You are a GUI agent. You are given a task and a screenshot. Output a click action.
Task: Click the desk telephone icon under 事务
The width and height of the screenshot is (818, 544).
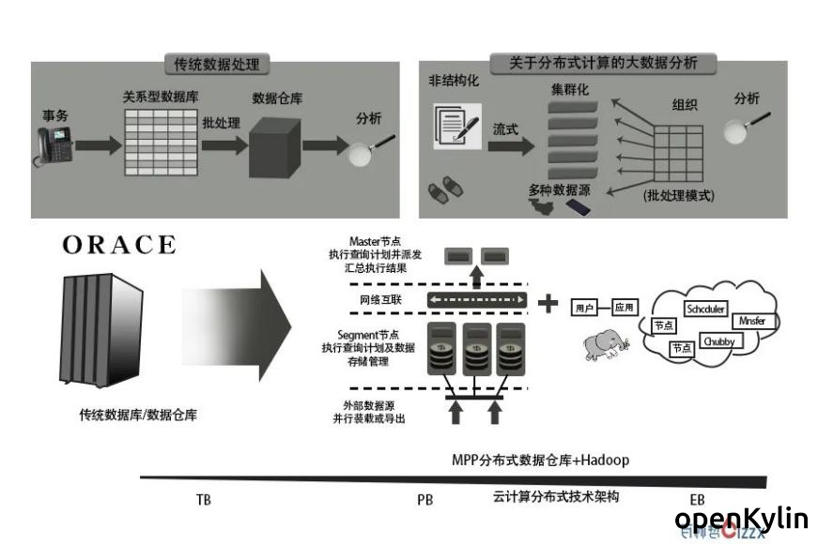(x=53, y=144)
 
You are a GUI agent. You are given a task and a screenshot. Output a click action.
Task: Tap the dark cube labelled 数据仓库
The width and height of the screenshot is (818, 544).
(x=275, y=148)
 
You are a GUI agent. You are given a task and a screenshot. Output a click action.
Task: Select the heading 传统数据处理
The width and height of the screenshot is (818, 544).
(x=217, y=65)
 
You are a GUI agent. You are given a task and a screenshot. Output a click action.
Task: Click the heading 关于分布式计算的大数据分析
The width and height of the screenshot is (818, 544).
(x=603, y=64)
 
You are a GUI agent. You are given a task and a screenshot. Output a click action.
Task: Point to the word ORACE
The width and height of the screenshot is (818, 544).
(x=119, y=246)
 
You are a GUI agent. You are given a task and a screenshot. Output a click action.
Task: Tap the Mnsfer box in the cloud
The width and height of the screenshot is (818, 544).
(x=753, y=321)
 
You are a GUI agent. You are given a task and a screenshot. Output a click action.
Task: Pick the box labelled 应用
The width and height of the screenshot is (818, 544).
(x=625, y=307)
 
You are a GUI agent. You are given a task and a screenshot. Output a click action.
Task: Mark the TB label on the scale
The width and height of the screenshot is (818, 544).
(x=204, y=499)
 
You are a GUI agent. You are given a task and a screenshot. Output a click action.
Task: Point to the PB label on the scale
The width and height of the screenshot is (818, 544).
(x=424, y=499)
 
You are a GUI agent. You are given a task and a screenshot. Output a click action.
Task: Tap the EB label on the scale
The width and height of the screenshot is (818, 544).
(x=697, y=499)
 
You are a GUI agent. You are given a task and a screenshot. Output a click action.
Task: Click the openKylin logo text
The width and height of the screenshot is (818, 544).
(x=741, y=518)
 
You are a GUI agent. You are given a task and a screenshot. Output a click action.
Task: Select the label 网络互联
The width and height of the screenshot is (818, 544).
(x=381, y=300)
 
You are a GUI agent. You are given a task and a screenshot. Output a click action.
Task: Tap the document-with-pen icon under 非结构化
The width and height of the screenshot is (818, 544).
(x=453, y=125)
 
